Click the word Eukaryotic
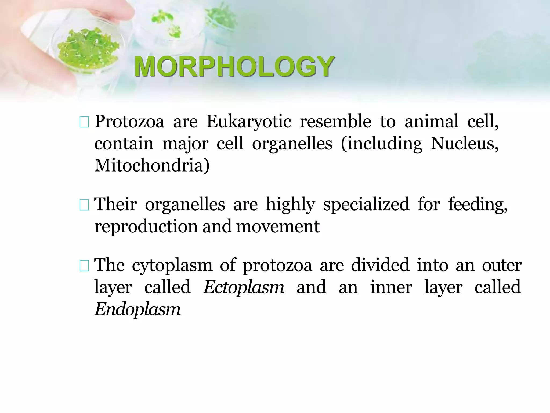[248, 122]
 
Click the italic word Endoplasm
[137, 309]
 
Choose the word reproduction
[146, 227]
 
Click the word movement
[278, 227]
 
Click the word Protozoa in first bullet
[129, 122]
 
